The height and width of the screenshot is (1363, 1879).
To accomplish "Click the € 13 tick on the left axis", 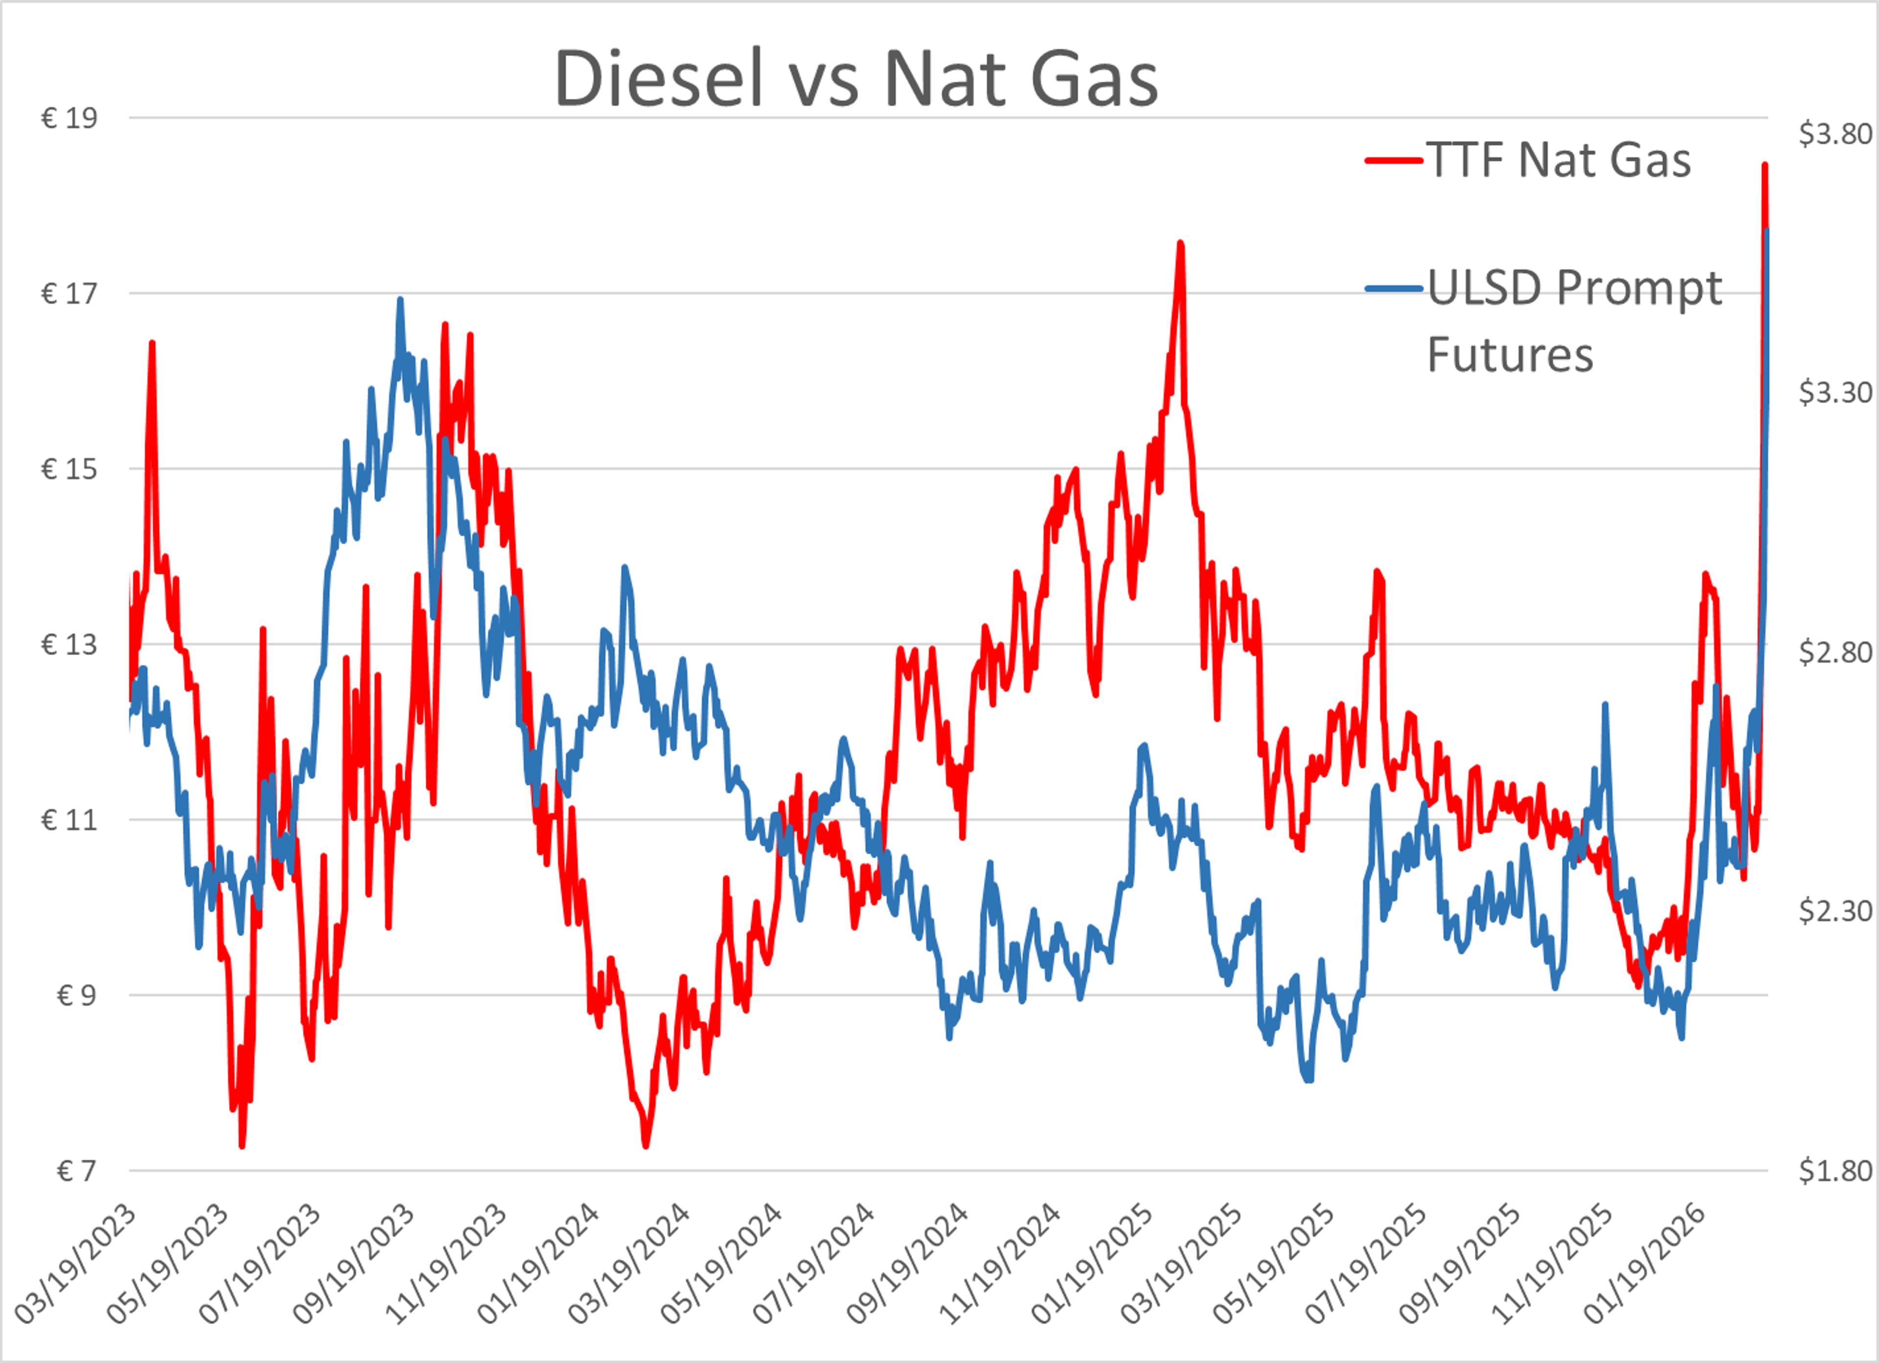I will coord(69,645).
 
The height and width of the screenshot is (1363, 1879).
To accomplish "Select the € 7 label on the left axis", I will coord(76,1171).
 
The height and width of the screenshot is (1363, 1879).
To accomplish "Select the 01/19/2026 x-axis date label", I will coord(1645,1264).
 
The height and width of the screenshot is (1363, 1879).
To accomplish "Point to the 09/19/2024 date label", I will coord(907,1264).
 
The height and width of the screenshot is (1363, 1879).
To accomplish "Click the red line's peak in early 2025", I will coord(1181,243).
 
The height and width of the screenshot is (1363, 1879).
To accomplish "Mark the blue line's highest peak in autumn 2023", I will coord(400,300).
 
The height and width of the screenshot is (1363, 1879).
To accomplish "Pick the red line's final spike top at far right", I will coord(1764,165).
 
